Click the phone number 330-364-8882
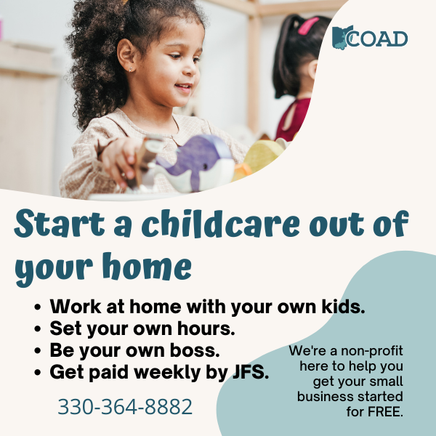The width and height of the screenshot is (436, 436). click(x=125, y=406)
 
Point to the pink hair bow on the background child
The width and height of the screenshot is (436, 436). click(x=308, y=26)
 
